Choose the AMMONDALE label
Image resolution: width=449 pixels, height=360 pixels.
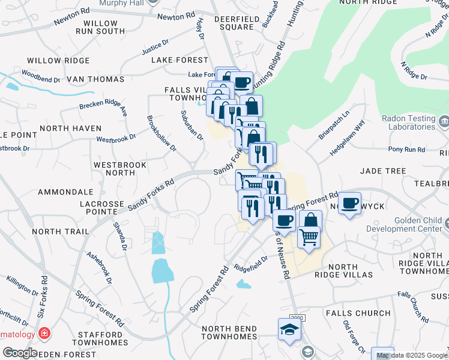[65, 192]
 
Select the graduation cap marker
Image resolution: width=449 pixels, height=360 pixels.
[289, 329]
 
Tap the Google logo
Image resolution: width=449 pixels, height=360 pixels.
[19, 353]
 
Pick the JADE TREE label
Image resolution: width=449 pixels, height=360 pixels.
[383, 171]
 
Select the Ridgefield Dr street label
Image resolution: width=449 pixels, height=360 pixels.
[250, 263]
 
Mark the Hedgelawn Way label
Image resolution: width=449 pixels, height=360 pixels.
[347, 139]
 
